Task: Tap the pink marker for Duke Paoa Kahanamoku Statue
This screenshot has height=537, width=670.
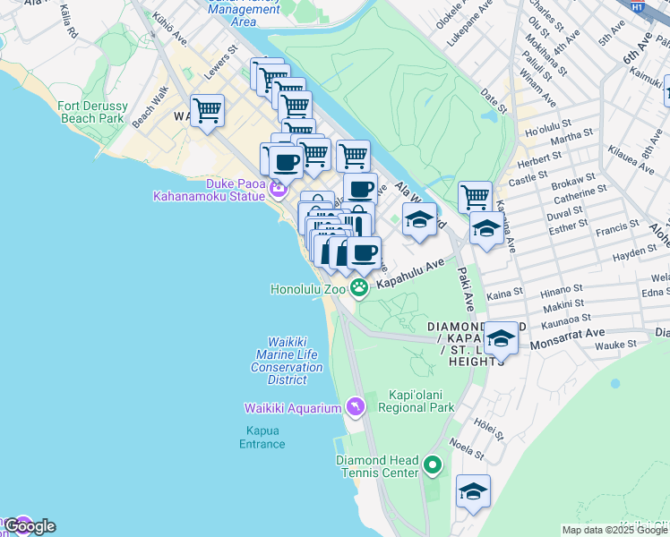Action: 278,188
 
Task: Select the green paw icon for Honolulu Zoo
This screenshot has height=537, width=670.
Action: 359,287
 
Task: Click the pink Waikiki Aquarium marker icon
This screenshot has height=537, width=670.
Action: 356,407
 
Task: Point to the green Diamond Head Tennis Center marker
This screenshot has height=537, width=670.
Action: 433,465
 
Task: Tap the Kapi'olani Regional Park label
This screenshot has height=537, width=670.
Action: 419,401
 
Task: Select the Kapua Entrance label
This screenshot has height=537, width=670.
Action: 262,437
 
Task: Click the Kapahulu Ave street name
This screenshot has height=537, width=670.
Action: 410,274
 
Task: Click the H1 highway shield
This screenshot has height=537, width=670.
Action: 637,6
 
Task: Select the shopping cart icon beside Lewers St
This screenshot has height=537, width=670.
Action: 207,111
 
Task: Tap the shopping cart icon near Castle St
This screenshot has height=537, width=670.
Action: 474,195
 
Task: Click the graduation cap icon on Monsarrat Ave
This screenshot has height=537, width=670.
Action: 501,338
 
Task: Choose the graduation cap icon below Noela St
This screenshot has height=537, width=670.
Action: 473,491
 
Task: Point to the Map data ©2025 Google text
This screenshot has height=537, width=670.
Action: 614,530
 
